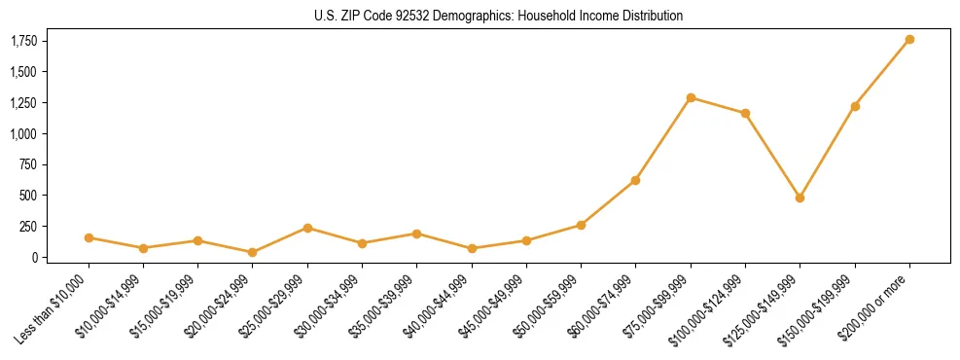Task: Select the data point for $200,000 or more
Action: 909,40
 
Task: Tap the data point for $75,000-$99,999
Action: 691,97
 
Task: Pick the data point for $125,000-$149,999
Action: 800,198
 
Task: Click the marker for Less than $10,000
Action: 89,237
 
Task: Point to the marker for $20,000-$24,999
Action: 253,252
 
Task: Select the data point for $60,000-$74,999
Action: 635,180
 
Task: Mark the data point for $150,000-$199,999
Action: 855,106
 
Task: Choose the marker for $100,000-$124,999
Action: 745,113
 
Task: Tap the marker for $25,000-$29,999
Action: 307,228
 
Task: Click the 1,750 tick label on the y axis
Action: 23,41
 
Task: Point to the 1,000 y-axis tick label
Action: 23,133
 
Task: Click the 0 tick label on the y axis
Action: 34,257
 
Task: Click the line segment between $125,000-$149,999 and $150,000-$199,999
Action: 827,152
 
